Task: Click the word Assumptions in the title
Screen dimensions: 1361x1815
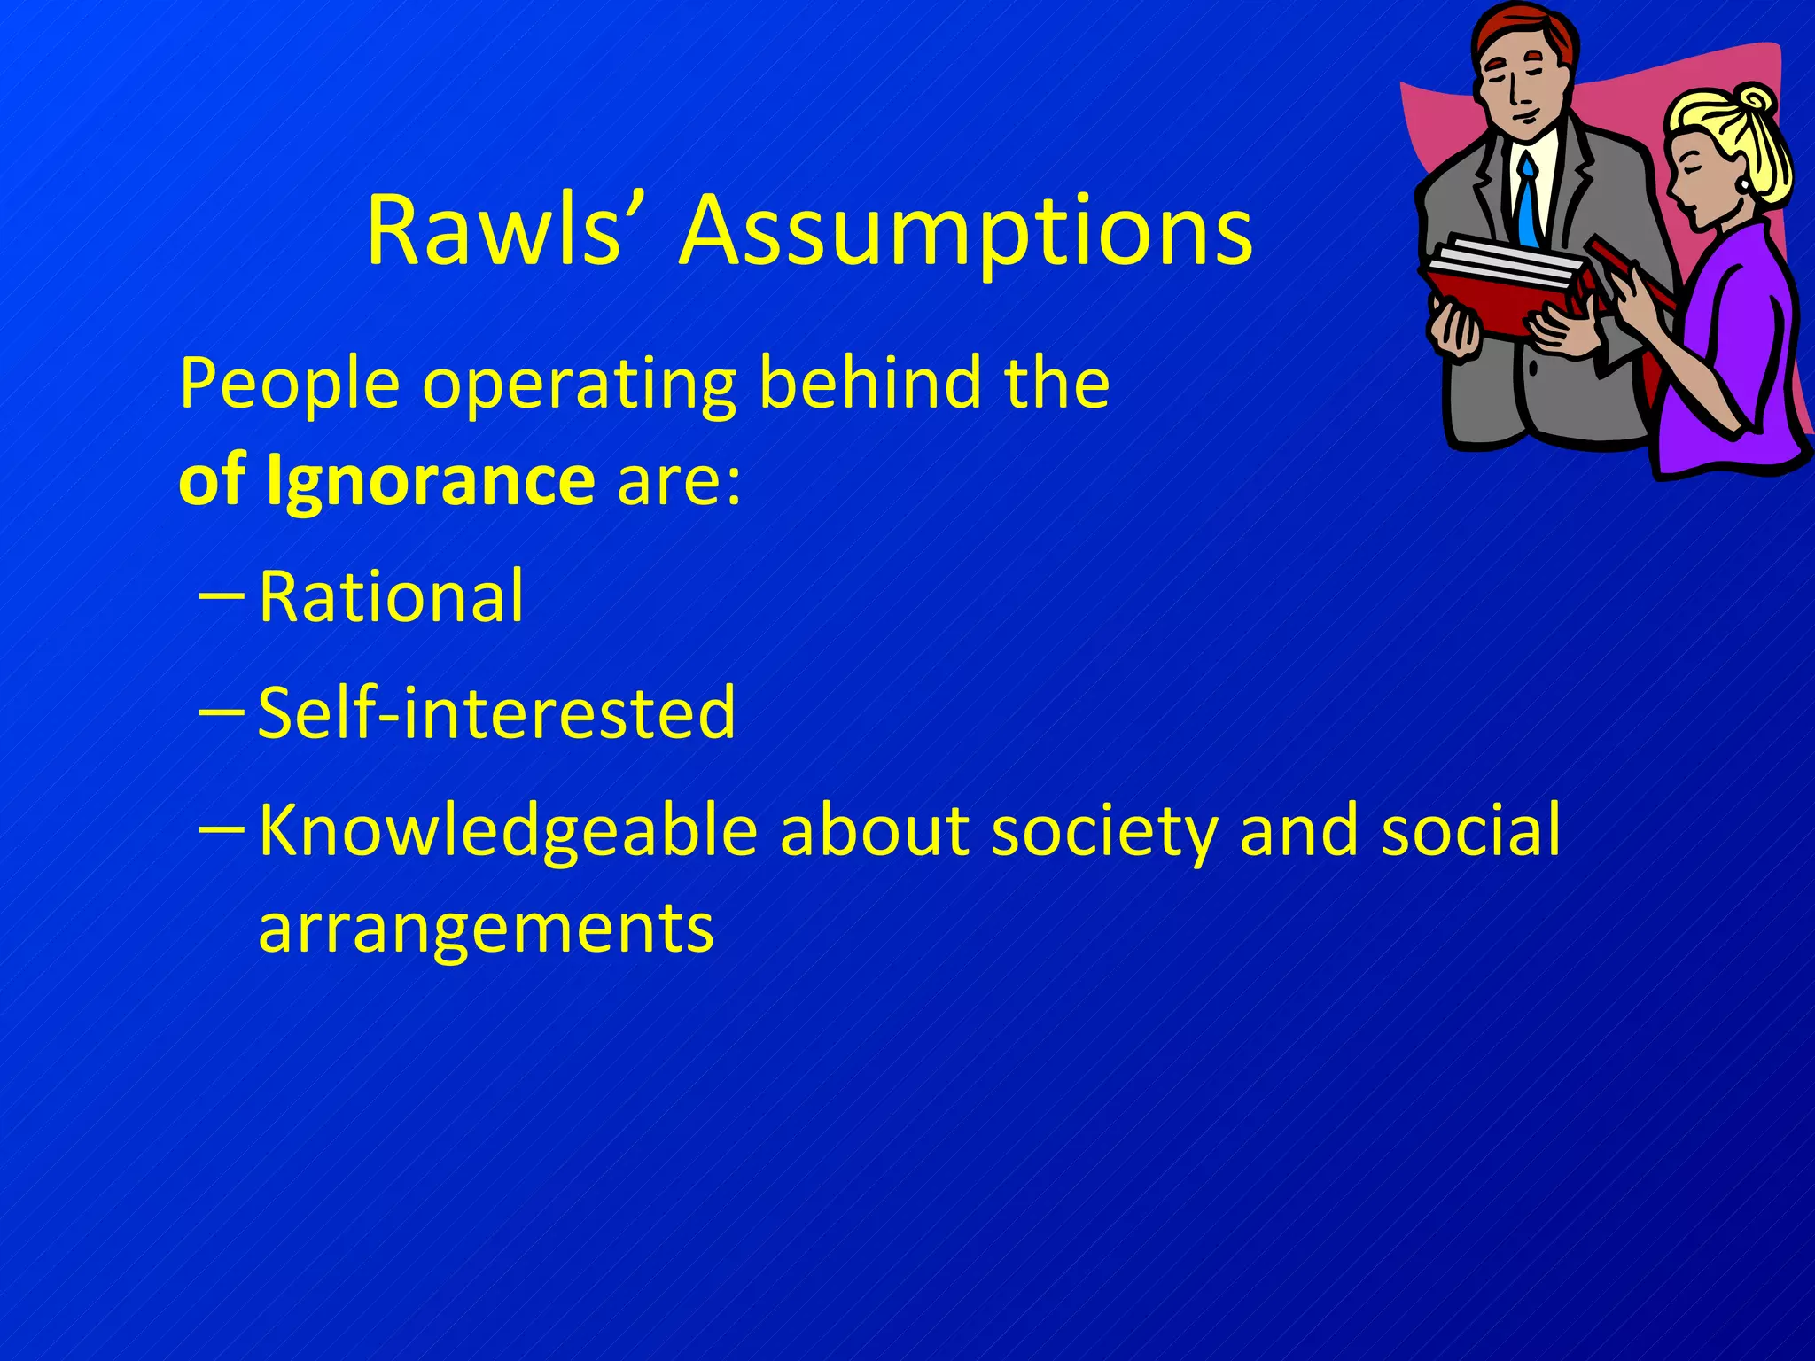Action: [966, 232]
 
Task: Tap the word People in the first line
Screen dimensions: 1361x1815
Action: [289, 385]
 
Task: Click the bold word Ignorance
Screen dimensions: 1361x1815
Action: [430, 479]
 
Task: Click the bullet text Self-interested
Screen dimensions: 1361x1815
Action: [496, 712]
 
